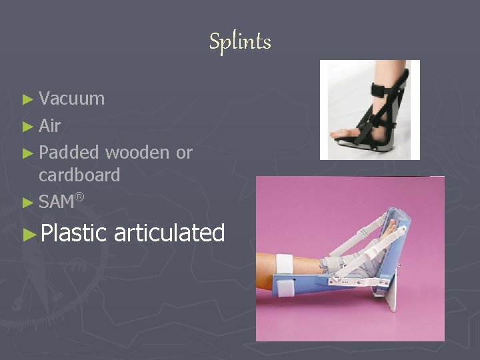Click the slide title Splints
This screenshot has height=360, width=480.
pos(240,42)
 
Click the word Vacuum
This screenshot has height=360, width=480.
pos(71,99)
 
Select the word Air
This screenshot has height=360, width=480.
pos(50,126)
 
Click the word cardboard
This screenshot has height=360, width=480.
pos(79,175)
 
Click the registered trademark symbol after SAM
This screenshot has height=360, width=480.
pos(79,196)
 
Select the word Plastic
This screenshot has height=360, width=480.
pos(73,233)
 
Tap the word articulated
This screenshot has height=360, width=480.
pos(169,233)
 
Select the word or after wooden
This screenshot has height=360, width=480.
pos(184,153)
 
